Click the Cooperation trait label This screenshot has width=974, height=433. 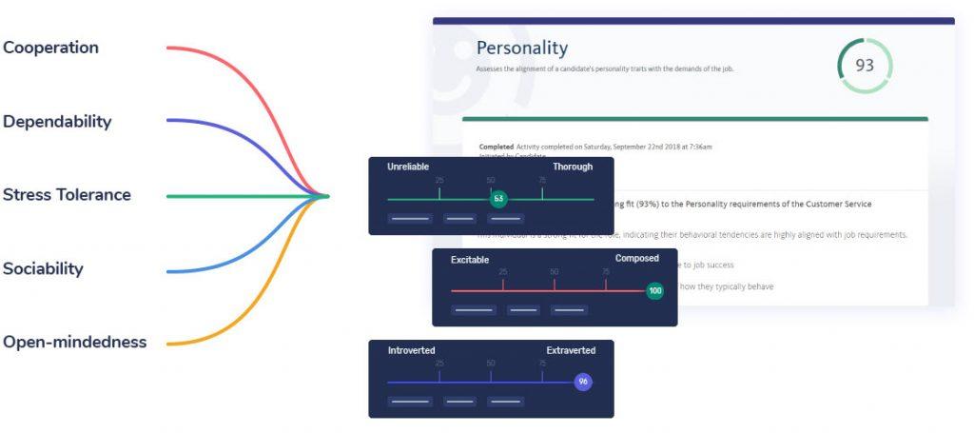coord(50,48)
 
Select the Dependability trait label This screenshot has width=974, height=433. coord(57,122)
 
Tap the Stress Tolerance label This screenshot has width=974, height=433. coord(67,195)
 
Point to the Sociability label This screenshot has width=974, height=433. coord(43,268)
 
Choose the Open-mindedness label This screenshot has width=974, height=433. coord(74,342)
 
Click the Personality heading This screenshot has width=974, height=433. coord(521,48)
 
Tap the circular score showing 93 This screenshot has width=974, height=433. coord(865,66)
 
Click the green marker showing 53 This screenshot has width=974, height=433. coord(498,199)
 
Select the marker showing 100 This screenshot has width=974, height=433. coord(654,290)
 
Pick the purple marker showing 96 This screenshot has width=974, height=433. coord(584,382)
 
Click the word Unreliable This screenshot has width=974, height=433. coord(408,167)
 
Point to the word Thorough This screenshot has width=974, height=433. coord(573,167)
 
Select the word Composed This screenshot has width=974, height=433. coord(636,258)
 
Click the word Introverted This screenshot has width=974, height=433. coord(411,351)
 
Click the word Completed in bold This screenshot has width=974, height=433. coord(496,147)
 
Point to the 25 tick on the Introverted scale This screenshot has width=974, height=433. coord(439,364)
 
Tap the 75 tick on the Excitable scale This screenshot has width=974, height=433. coord(606,272)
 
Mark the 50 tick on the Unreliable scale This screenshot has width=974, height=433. coord(491,180)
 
